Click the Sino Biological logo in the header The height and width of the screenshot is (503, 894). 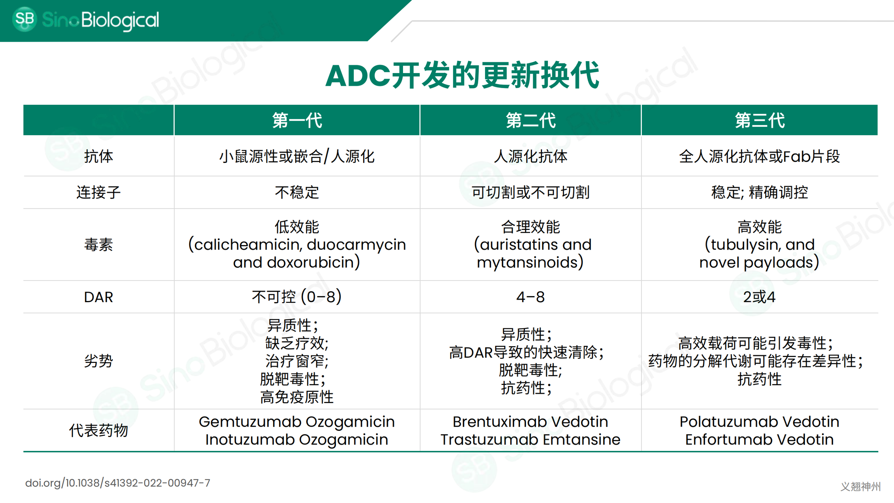tap(86, 19)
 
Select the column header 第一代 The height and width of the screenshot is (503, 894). tap(297, 120)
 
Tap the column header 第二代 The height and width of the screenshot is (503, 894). tap(530, 120)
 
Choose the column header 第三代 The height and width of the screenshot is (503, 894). tap(760, 120)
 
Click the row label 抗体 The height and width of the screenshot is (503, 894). tap(98, 156)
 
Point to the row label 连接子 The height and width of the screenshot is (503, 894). tap(98, 193)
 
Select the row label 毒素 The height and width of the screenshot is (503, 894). tap(98, 245)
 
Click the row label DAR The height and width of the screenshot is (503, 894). tap(98, 297)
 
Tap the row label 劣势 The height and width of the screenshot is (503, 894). tap(98, 361)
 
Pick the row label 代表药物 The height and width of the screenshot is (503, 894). tap(98, 431)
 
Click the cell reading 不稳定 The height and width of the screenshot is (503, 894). tap(297, 193)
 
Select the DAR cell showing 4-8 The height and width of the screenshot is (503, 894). tap(530, 297)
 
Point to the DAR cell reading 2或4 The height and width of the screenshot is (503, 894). tap(760, 297)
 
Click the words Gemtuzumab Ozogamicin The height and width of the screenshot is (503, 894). tap(297, 422)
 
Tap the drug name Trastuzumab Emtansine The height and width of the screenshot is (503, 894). tap(530, 440)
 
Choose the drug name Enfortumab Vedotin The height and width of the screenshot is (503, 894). tap(760, 440)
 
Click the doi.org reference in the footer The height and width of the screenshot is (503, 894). tap(118, 483)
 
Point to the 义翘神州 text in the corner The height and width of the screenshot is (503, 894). tap(860, 486)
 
